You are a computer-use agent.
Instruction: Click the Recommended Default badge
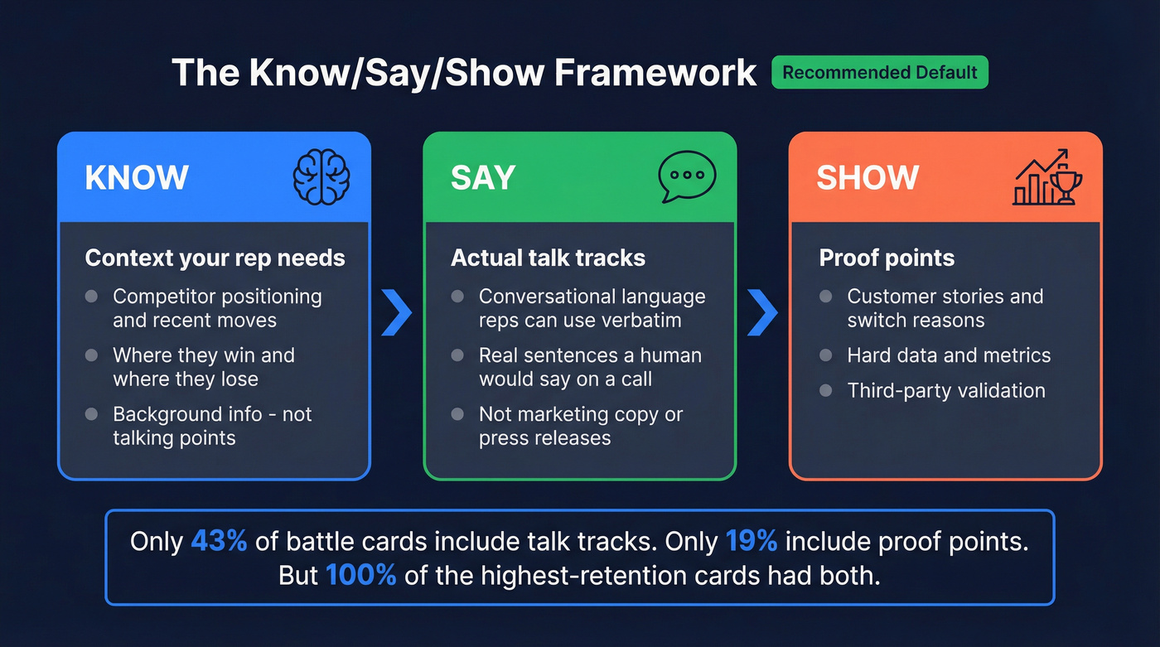tap(879, 73)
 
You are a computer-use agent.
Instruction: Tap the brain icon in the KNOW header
tap(321, 177)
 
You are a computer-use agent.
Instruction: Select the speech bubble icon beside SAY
tap(687, 177)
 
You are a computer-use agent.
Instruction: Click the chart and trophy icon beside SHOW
tap(1047, 177)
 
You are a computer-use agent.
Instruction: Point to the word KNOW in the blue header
tap(137, 178)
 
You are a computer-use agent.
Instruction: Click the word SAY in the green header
tap(483, 178)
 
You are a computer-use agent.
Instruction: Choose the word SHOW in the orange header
tap(868, 178)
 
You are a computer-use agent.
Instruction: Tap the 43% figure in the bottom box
tap(219, 541)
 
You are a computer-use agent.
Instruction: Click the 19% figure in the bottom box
tap(751, 541)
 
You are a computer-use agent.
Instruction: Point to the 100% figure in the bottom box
tap(361, 575)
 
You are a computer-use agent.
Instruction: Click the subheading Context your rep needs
tap(215, 258)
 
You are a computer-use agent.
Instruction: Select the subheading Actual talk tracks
tap(548, 258)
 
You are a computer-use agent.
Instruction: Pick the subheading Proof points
tap(887, 258)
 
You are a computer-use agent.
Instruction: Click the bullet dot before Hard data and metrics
tap(825, 355)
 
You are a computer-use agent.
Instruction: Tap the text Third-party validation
tap(946, 390)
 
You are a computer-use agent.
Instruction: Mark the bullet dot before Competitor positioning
tap(92, 297)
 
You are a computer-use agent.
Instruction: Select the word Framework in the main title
tap(655, 73)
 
